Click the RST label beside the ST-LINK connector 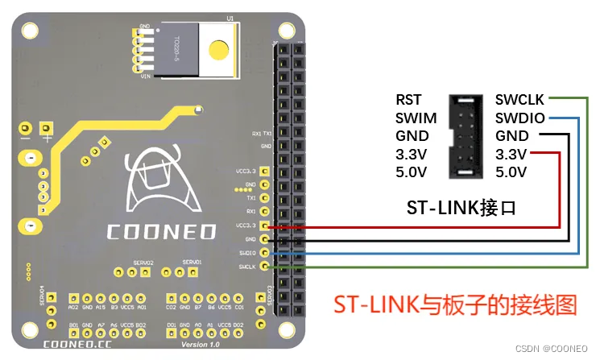click(x=408, y=101)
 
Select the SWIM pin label click(x=416, y=118)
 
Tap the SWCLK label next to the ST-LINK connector click(x=519, y=101)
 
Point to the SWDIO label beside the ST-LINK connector click(x=519, y=118)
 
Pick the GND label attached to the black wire click(x=512, y=136)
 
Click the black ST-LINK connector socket click(x=466, y=136)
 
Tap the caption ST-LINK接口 click(x=461, y=208)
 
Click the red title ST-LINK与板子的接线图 click(x=456, y=304)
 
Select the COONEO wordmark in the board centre click(x=161, y=232)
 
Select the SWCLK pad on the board click(x=264, y=267)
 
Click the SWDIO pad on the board click(x=264, y=253)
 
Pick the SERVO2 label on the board click(x=144, y=263)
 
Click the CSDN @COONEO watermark click(x=553, y=350)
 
